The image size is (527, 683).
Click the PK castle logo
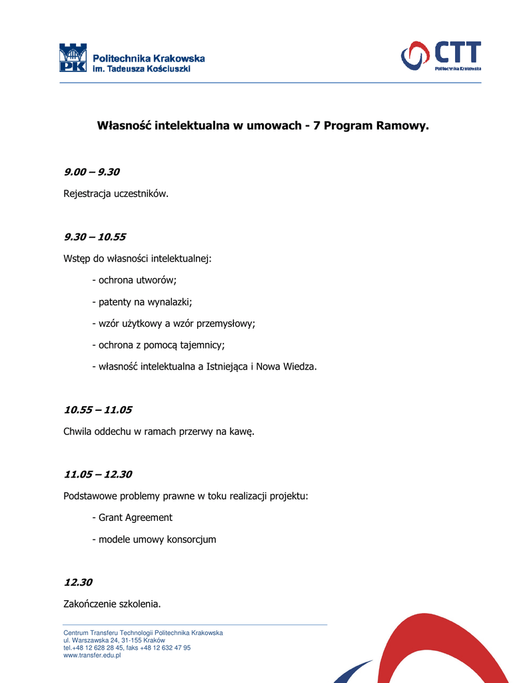pos(73,58)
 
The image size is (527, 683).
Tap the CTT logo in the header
pos(440,55)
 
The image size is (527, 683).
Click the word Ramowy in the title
pos(402,125)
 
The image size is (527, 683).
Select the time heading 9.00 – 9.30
pos(91,172)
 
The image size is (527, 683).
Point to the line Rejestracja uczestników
pos(116,194)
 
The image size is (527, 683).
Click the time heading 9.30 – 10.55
pos(95,237)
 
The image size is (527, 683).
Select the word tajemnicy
pos(201,345)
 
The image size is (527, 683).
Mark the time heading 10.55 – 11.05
pos(98,410)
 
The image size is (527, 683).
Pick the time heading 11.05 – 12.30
pos(98,474)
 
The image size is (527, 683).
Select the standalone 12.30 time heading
pos(78,582)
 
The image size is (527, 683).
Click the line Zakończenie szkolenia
pos(112,604)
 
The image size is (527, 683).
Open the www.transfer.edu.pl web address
pos(92,656)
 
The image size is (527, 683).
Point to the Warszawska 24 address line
pos(114,640)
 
